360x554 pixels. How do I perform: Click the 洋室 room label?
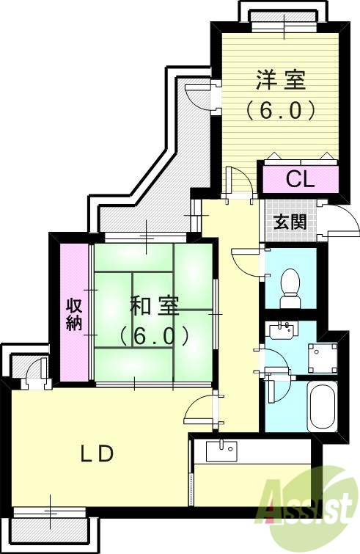point(281,79)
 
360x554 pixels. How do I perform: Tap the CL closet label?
point(300,178)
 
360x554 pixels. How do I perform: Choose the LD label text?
point(96,454)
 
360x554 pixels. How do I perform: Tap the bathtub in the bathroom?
point(321,407)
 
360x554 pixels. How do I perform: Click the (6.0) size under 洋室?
point(281,110)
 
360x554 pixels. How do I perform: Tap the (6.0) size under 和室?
point(155,336)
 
